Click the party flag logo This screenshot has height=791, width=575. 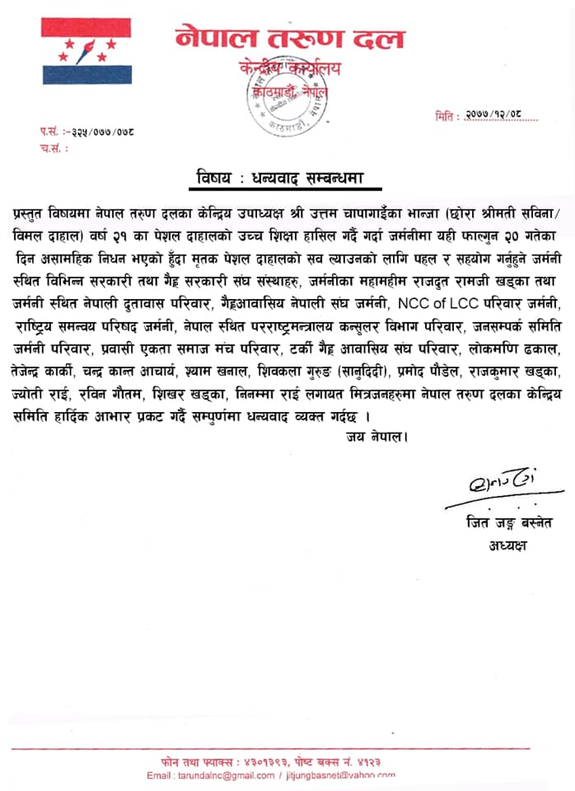(x=86, y=51)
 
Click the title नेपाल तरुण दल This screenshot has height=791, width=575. (x=289, y=37)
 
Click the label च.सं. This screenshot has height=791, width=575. (x=53, y=148)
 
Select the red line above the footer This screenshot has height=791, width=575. (x=287, y=748)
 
